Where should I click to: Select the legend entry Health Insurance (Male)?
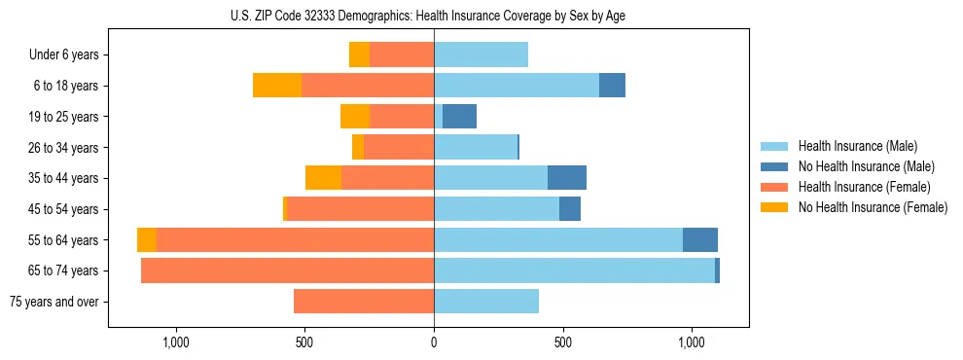(x=857, y=146)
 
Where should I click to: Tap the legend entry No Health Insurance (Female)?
(x=873, y=207)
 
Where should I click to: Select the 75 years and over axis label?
(x=53, y=302)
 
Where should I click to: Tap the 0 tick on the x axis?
(x=434, y=343)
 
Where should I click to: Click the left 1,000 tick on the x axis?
(x=176, y=343)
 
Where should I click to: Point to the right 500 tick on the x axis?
(x=562, y=343)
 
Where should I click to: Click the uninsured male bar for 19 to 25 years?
(x=459, y=117)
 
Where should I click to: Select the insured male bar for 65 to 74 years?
(x=574, y=270)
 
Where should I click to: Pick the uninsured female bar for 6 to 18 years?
(x=277, y=86)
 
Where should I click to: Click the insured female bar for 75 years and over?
(x=364, y=302)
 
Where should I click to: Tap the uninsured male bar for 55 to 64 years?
(x=700, y=240)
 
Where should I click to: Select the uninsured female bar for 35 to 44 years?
(x=323, y=178)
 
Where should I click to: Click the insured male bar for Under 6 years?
(x=481, y=54)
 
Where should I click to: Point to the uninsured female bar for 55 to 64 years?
(x=147, y=240)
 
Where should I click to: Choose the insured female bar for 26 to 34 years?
(x=399, y=147)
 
